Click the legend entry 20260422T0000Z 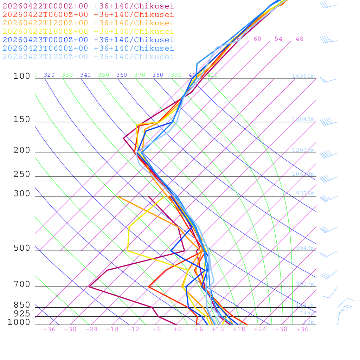tap(88, 6)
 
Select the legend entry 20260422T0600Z tap(88, 14)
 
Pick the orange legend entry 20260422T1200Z tap(88, 23)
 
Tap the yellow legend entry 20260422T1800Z tap(88, 31)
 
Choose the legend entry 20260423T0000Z tap(88, 40)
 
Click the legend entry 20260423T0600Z tap(88, 48)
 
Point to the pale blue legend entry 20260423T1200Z tap(88, 57)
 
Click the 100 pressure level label tap(22, 76)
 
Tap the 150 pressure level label tap(22, 120)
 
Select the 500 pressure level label tap(22, 248)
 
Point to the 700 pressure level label tap(22, 284)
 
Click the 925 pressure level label tap(22, 314)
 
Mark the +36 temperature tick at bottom tap(302, 329)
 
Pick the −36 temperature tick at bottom tap(49, 329)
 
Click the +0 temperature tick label tap(178, 329)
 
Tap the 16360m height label tap(303, 76)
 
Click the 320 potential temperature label tap(49, 75)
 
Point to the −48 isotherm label tap(297, 39)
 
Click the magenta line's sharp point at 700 tap(89, 287)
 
